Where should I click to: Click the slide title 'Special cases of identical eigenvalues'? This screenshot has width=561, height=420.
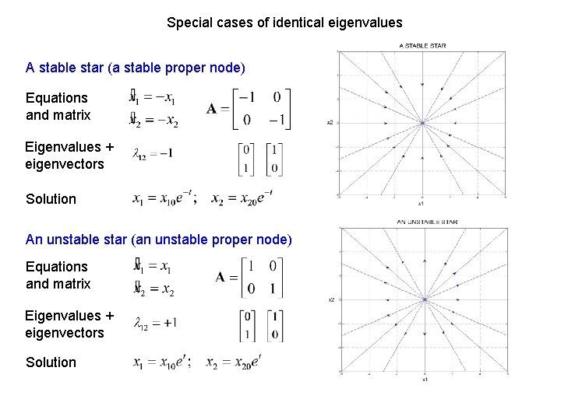tap(284, 23)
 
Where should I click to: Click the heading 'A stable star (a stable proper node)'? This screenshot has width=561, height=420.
tap(136, 68)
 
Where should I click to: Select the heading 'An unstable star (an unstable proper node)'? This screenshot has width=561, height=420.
tap(159, 239)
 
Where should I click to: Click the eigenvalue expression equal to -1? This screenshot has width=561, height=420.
tap(153, 153)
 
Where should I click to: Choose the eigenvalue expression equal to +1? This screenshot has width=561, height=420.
tap(154, 323)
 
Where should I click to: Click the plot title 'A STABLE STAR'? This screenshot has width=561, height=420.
tap(422, 46)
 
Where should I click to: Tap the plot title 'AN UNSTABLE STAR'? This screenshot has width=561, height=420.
tap(427, 222)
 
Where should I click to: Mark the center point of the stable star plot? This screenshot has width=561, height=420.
tap(422, 123)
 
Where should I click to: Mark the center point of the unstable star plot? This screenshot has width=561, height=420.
tap(424, 299)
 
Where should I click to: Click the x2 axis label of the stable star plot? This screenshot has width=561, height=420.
tap(330, 122)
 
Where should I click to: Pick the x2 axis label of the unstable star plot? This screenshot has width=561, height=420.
tap(331, 299)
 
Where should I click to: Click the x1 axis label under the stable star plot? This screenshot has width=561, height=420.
tap(421, 205)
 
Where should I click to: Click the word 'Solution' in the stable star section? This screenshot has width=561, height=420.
tap(51, 199)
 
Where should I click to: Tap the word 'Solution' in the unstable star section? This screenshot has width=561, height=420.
tap(51, 362)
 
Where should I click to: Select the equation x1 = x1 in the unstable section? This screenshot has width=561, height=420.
tap(152, 267)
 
